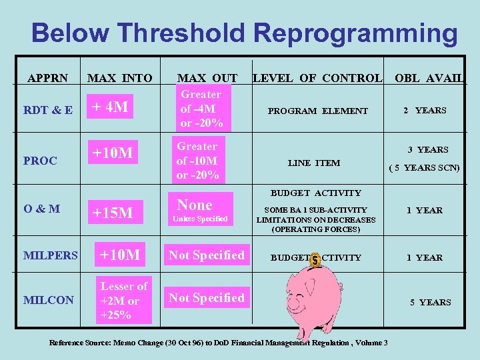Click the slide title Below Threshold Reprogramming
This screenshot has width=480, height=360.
tap(244, 33)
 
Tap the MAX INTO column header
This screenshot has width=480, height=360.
tap(120, 78)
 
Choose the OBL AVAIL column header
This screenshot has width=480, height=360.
tap(429, 78)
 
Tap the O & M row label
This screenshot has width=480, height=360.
tap(42, 209)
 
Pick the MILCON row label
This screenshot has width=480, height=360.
tap(49, 300)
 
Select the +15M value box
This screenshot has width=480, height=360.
tap(113, 213)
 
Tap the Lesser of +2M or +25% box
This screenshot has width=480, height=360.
tap(124, 301)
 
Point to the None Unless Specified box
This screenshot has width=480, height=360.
tap(201, 210)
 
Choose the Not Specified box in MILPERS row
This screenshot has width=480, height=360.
tap(206, 255)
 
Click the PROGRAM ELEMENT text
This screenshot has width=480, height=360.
tap(317, 111)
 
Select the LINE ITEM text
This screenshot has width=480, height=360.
tap(313, 163)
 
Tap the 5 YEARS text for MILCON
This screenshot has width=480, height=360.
tap(430, 302)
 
